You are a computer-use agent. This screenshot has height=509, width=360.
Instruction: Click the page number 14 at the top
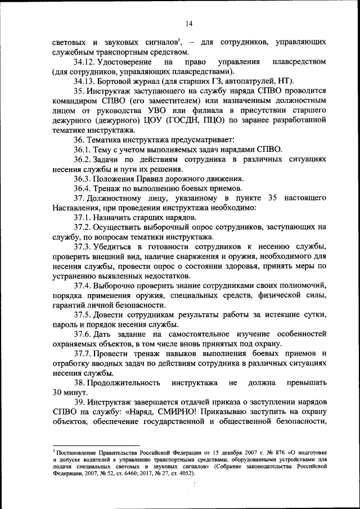(x=188, y=23)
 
